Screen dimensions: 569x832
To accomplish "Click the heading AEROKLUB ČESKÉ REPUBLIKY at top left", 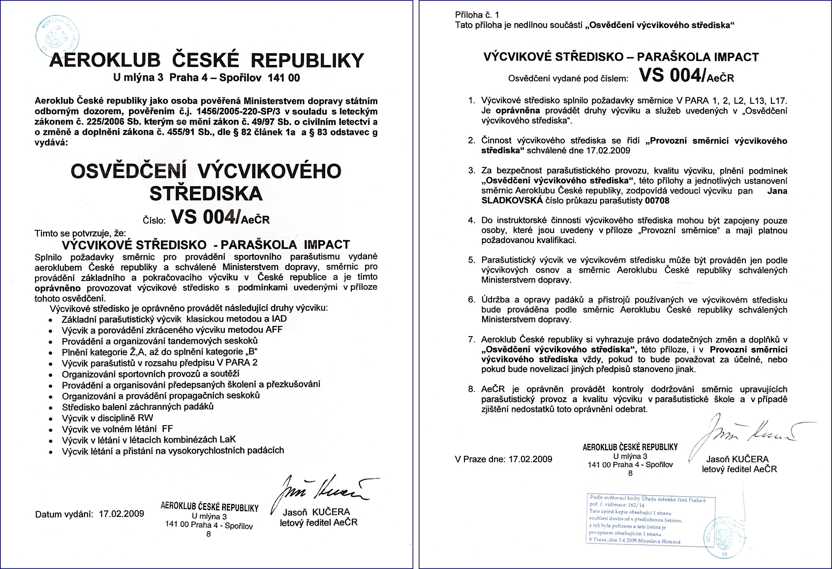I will click(207, 60).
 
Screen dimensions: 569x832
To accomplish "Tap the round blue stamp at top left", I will click(58, 34).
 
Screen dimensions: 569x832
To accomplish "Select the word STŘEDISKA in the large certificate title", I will click(206, 193).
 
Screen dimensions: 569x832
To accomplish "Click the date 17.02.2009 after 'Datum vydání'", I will click(122, 514).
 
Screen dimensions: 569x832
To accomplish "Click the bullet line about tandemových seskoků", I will click(159, 341).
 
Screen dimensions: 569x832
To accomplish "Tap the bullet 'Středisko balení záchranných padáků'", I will click(137, 407).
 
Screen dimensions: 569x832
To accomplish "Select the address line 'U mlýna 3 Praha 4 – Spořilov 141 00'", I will click(206, 78).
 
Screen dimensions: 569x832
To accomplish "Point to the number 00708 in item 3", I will click(657, 201).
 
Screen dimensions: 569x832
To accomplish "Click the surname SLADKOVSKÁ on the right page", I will click(512, 201).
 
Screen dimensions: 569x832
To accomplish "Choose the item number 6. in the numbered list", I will click(471, 300).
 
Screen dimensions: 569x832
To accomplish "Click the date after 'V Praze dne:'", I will click(530, 459).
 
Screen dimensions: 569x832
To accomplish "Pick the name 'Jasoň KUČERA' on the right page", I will click(737, 459).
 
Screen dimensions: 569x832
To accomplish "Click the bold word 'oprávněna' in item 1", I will click(517, 111).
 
